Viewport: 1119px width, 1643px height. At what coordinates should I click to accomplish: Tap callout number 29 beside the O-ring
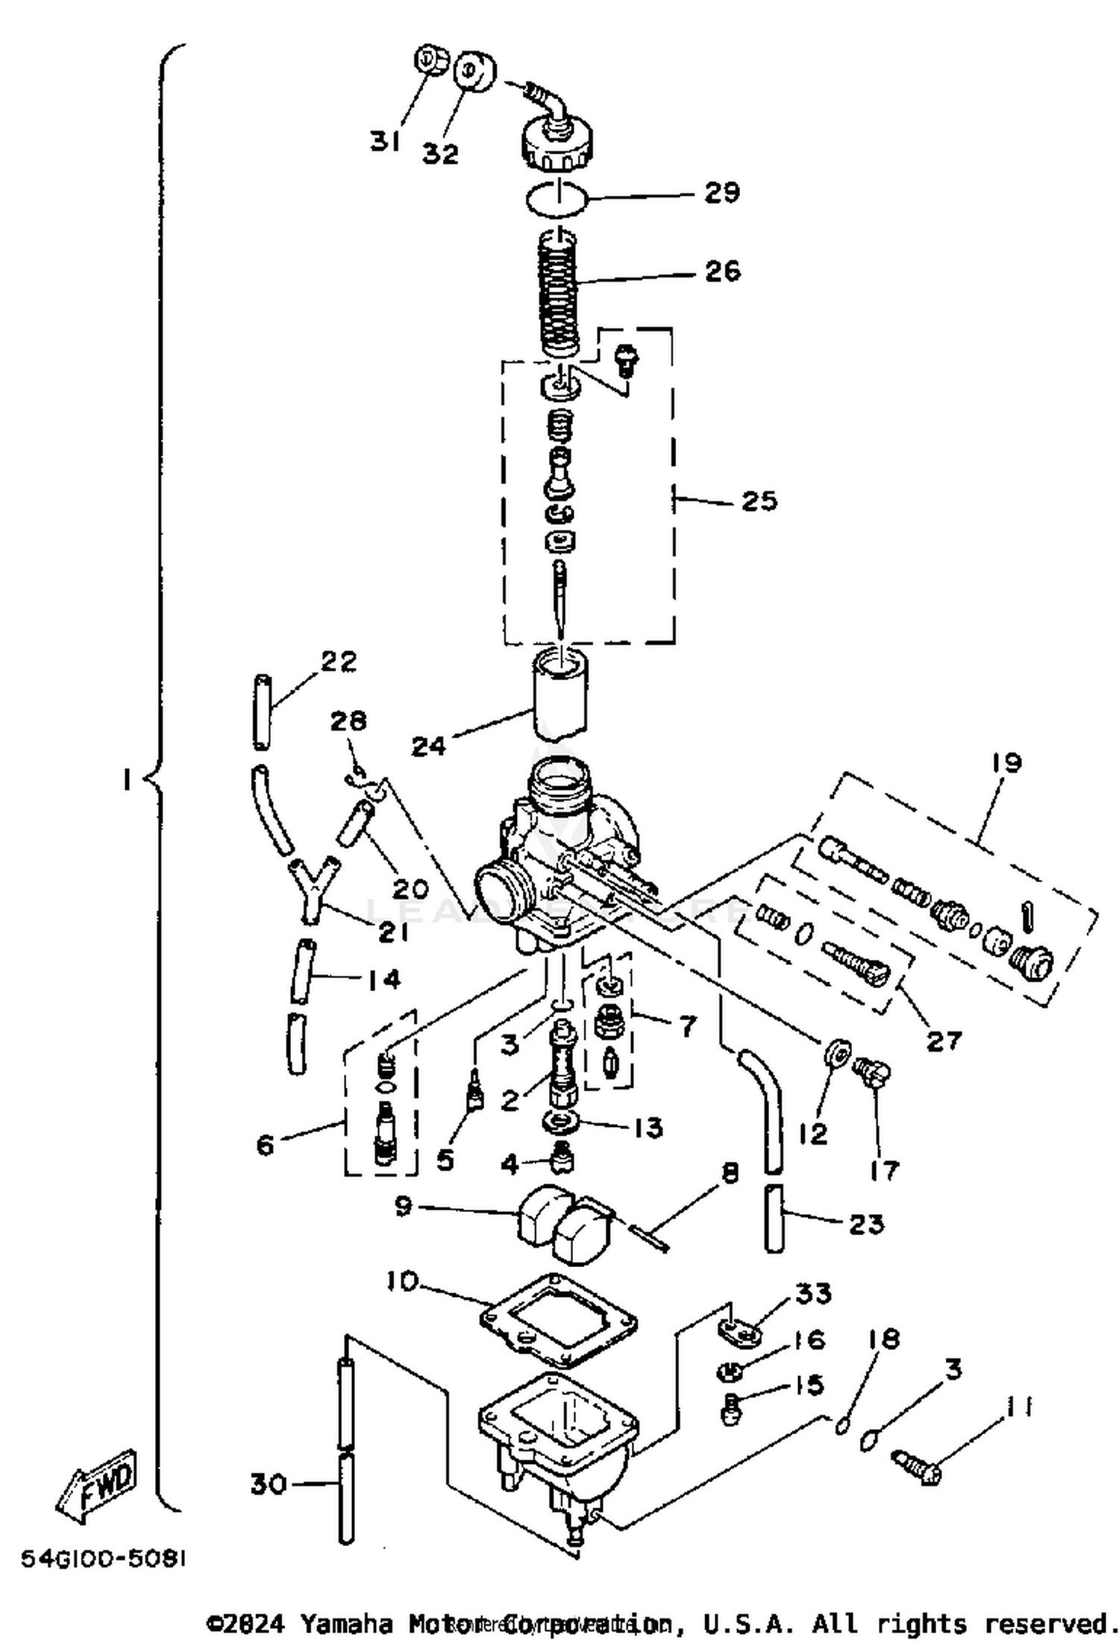coord(721,192)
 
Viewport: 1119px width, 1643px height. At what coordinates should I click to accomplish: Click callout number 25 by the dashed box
coord(759,500)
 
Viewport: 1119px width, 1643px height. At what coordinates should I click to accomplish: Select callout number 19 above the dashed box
coord(1006,763)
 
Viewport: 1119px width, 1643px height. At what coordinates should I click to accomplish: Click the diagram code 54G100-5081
coord(103,1559)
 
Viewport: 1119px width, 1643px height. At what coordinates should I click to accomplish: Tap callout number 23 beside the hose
coord(865,1224)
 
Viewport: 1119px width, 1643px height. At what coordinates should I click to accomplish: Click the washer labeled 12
coord(836,1053)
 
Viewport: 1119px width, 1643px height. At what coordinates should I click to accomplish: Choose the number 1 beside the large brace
coord(127,780)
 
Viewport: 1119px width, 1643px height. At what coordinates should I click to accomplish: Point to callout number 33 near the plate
coord(812,1293)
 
